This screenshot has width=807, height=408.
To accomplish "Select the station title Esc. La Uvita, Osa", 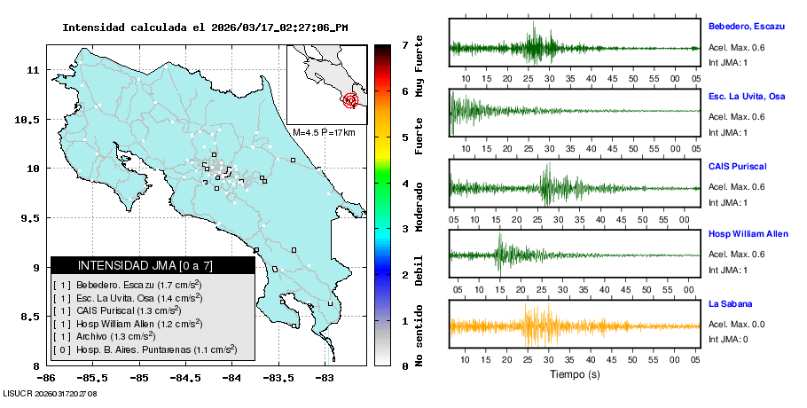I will pos(747,96).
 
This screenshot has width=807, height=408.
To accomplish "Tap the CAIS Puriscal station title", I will pos(737,166).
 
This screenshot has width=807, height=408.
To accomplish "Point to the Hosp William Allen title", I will pos(748,234).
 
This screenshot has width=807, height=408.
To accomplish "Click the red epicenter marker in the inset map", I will pos(350,100).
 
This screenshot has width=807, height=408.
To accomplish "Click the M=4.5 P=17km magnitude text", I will pos(324,133).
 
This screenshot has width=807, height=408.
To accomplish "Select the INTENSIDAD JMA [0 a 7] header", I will pos(153,265).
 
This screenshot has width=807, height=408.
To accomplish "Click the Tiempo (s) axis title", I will pos(573,374).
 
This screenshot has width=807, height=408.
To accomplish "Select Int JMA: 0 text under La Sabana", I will pos(728,340).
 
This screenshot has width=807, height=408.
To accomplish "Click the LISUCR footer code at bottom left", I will pos(49,393).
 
